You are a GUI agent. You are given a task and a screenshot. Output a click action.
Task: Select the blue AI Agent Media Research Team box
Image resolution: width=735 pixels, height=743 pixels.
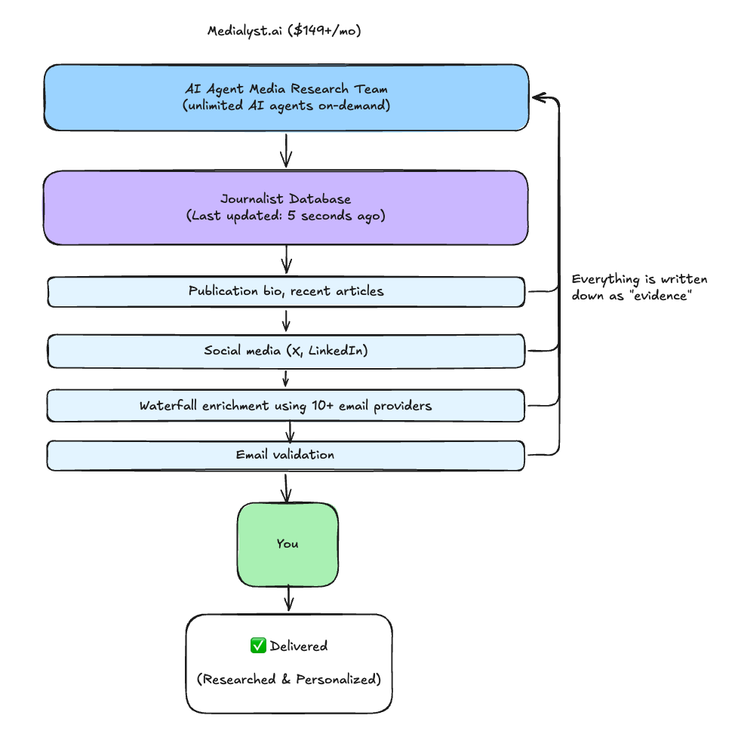coord(286,97)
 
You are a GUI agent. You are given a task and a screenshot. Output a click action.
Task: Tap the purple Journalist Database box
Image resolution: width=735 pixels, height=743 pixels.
coord(286,207)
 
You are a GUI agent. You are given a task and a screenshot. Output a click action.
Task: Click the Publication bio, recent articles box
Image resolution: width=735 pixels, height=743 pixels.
coord(286,291)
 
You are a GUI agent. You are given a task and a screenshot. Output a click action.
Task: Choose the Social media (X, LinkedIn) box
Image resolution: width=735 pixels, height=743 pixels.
coord(286,351)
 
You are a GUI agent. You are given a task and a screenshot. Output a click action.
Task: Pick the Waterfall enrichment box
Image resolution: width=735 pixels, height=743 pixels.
coord(286,406)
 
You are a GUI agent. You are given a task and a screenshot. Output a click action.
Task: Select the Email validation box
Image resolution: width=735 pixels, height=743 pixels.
coord(286,456)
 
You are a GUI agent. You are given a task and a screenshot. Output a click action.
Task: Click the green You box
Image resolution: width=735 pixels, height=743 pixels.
coord(288,544)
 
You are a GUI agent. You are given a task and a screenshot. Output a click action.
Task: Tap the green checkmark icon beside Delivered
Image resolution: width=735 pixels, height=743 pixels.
coord(258,646)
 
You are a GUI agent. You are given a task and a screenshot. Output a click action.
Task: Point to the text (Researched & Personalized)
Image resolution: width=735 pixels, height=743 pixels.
coord(289,680)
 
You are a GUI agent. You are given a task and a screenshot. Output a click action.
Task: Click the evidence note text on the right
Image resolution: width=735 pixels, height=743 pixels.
coord(639,287)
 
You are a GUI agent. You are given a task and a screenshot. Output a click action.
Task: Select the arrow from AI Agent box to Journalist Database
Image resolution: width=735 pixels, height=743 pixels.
coord(286,151)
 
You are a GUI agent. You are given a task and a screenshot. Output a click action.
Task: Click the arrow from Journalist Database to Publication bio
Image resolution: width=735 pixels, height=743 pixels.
coord(286,260)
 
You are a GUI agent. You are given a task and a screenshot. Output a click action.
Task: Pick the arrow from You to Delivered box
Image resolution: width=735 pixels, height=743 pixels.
coord(288,599)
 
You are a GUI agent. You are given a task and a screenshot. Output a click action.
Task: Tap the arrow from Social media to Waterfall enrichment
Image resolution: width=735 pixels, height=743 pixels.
coord(286,378)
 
